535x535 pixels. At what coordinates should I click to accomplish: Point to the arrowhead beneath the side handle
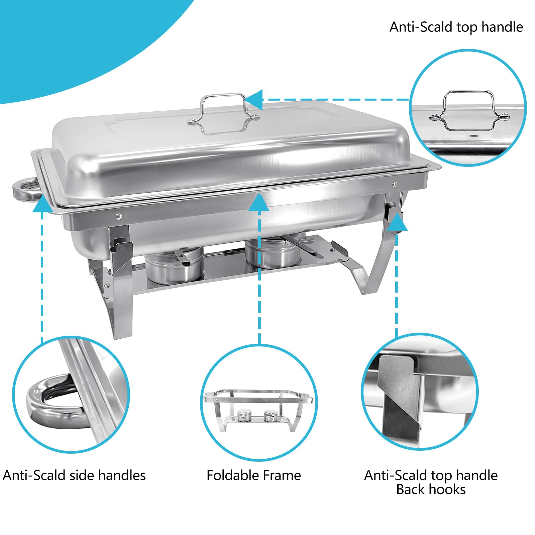point(42,204)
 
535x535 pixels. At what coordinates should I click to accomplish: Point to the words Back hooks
point(431,489)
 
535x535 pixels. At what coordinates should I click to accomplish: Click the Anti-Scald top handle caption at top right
point(456,27)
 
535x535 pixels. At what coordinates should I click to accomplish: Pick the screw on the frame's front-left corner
point(118,216)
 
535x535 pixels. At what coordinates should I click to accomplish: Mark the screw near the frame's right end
point(395,184)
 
